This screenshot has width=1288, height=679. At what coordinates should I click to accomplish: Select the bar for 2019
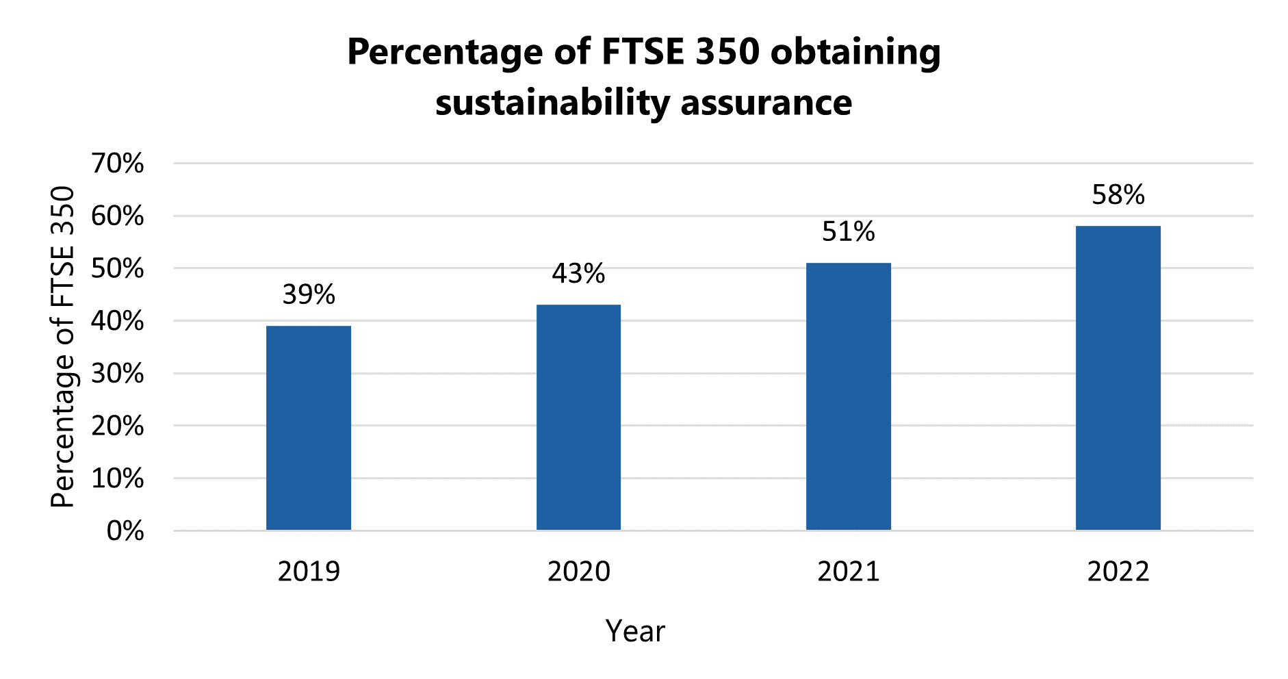(x=309, y=428)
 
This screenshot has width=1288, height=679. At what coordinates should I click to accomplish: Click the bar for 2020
(x=578, y=418)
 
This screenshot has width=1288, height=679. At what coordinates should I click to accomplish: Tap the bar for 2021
(x=848, y=396)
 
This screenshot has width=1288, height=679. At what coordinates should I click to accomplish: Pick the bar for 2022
(x=1118, y=378)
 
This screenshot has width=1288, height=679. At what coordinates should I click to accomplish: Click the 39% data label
(x=309, y=295)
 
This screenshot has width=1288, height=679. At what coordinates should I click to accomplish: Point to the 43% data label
(x=578, y=274)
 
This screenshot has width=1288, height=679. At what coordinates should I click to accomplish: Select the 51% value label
(x=848, y=232)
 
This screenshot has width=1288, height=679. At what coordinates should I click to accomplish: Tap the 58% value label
(x=1118, y=195)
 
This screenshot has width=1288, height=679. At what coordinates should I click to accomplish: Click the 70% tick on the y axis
(x=117, y=164)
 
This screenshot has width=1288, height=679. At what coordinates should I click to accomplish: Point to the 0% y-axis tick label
(x=125, y=531)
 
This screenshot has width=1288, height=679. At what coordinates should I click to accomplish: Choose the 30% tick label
(x=117, y=374)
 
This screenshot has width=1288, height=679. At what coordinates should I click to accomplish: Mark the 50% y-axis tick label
(x=117, y=269)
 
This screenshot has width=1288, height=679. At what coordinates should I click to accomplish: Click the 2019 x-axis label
(x=309, y=572)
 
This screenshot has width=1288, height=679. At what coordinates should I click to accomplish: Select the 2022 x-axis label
(x=1118, y=572)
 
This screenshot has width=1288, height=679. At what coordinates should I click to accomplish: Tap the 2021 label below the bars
(x=848, y=572)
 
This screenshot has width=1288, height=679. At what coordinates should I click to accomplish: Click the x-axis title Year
(x=635, y=631)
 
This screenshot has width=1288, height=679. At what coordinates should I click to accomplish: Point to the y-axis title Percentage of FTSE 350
(x=63, y=346)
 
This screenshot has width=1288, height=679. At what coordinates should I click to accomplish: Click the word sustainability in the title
(x=552, y=103)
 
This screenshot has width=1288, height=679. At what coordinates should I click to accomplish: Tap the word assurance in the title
(x=766, y=103)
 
